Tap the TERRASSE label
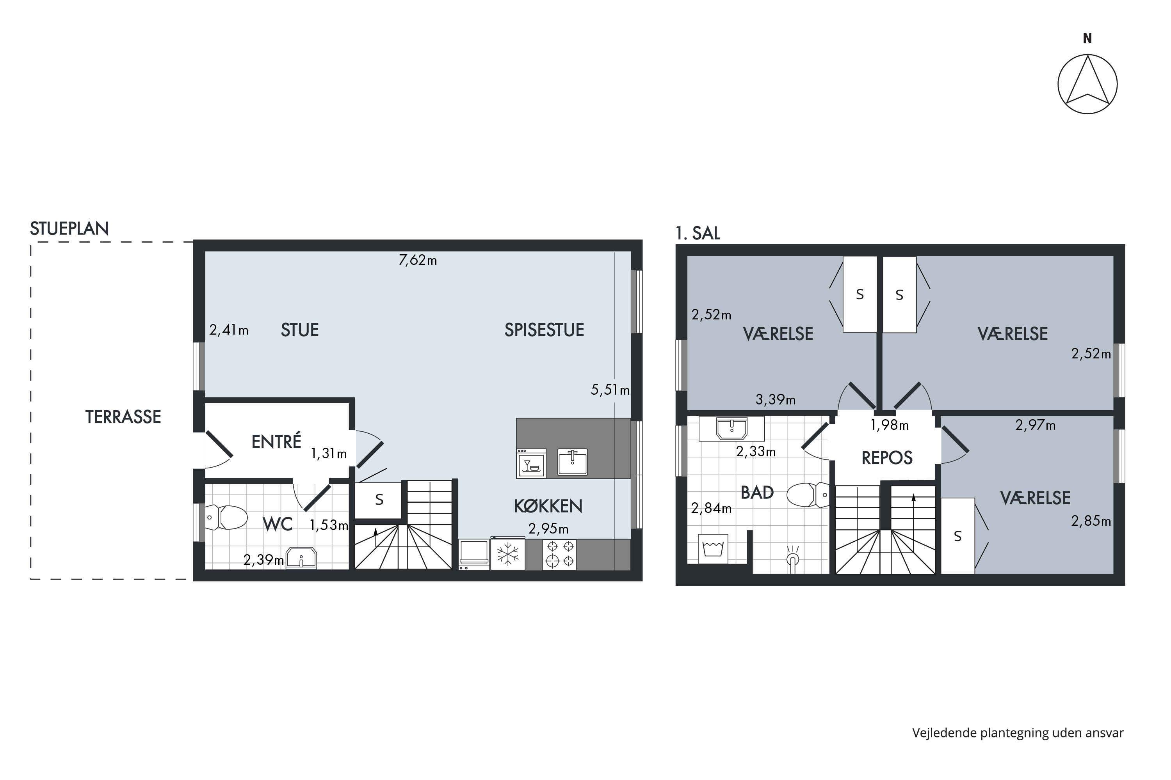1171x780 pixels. [123, 417]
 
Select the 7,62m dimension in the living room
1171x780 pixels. [418, 260]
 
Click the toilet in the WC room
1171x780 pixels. [226, 518]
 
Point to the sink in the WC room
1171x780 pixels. [301, 558]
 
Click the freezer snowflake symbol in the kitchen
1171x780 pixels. [507, 554]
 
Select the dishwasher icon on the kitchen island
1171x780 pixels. [531, 463]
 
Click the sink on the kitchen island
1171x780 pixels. [572, 462]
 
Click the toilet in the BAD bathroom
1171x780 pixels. [808, 495]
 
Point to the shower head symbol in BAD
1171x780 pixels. [793, 556]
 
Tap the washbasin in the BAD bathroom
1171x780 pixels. [731, 428]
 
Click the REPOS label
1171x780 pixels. [887, 457]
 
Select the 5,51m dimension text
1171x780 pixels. [610, 390]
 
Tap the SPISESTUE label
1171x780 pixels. [544, 330]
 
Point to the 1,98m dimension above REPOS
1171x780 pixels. [889, 425]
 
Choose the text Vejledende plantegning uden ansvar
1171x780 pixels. [1018, 733]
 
